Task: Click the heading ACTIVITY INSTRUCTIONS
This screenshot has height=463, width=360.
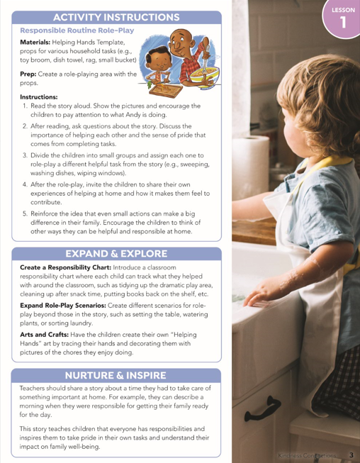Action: (x=117, y=16)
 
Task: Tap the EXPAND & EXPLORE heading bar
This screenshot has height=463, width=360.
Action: (x=117, y=253)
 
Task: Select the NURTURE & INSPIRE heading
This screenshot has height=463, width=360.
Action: (x=117, y=374)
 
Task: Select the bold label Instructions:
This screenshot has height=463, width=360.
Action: (x=39, y=96)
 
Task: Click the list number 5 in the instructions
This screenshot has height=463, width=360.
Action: (x=25, y=211)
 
